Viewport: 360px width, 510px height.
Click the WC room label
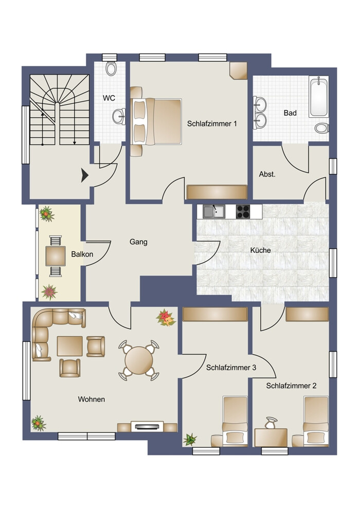(x=109, y=98)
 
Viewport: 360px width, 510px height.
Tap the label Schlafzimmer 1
(x=212, y=123)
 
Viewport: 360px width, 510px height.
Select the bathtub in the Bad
(x=319, y=97)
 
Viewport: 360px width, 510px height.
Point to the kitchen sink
(x=214, y=212)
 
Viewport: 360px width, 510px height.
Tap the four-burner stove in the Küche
(x=243, y=212)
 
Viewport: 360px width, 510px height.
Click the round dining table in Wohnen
(x=139, y=360)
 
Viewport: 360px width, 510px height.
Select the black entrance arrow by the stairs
(x=85, y=176)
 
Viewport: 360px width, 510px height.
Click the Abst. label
(x=267, y=174)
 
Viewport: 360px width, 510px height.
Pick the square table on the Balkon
(x=56, y=256)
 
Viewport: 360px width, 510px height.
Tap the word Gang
(x=138, y=242)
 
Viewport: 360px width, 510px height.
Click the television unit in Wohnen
(x=147, y=426)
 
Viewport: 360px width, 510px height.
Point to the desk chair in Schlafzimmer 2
(x=271, y=423)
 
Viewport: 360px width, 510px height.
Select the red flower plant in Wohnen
(x=166, y=318)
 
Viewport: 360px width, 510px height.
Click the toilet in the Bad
(x=321, y=128)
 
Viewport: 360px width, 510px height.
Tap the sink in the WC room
(x=119, y=116)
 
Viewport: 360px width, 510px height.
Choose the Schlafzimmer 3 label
(x=231, y=368)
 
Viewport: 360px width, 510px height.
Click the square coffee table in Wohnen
(x=69, y=346)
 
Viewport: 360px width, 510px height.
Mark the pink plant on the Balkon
(x=49, y=292)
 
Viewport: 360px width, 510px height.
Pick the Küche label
(x=260, y=250)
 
